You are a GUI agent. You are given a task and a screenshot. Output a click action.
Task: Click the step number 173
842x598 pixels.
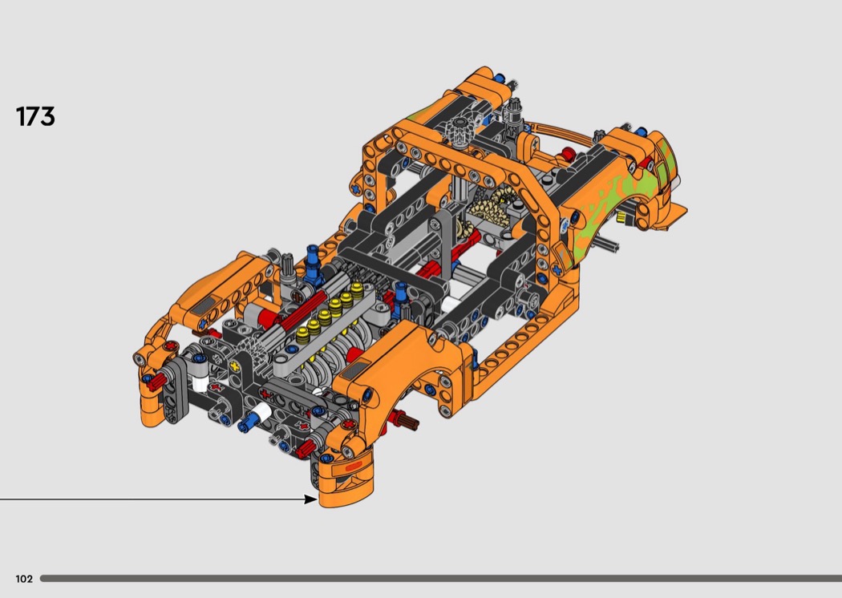point(35,116)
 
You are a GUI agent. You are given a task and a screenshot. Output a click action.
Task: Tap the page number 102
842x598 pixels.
point(24,579)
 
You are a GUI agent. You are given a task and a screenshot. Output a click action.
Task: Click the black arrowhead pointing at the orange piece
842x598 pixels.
point(310,499)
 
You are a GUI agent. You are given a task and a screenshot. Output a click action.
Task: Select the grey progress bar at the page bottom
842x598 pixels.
point(441,579)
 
